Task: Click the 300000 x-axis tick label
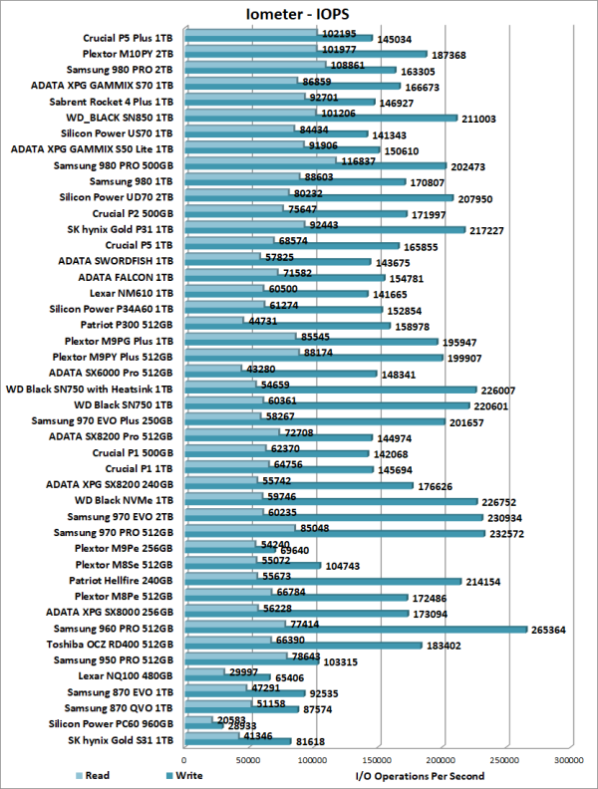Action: click(568, 759)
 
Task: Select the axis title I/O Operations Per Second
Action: click(421, 775)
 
